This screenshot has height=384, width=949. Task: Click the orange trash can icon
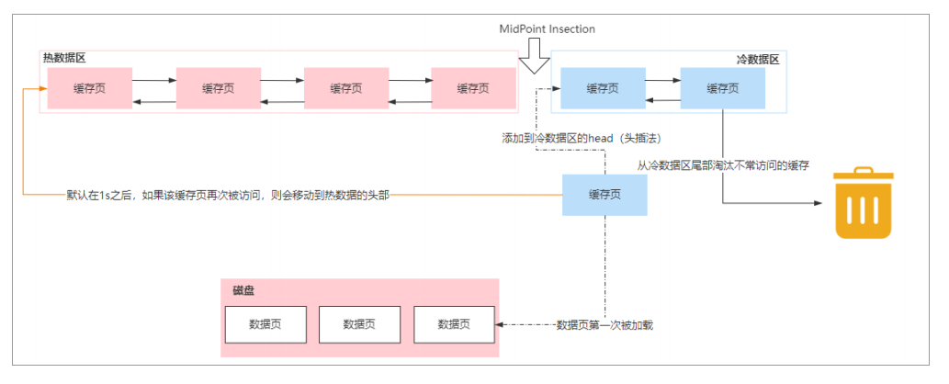[x=864, y=203]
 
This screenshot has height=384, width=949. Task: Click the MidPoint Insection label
[x=547, y=29]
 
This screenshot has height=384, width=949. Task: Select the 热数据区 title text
[x=64, y=58]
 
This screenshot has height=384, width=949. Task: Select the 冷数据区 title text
[x=758, y=59]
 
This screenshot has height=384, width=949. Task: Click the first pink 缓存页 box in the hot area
[x=90, y=88]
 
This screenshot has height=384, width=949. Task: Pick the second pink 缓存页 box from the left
[x=218, y=88]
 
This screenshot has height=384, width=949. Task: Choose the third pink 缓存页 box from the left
[x=346, y=88]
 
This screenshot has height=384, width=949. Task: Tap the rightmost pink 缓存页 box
[x=473, y=88]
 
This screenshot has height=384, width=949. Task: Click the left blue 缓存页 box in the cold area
[x=603, y=88]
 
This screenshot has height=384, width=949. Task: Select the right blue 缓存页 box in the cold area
[x=722, y=88]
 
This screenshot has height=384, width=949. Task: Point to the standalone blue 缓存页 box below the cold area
[x=604, y=195]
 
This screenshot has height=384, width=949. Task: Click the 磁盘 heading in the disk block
[x=243, y=290]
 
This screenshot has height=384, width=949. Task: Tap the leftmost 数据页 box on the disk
[x=265, y=324]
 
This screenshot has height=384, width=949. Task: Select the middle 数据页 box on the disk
[x=359, y=324]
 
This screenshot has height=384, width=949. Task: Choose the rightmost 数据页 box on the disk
[x=454, y=324]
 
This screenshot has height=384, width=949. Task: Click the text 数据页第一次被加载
[x=605, y=325]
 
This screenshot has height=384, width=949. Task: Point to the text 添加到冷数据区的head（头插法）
[x=582, y=138]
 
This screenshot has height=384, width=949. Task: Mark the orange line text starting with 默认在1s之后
[x=220, y=195]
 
